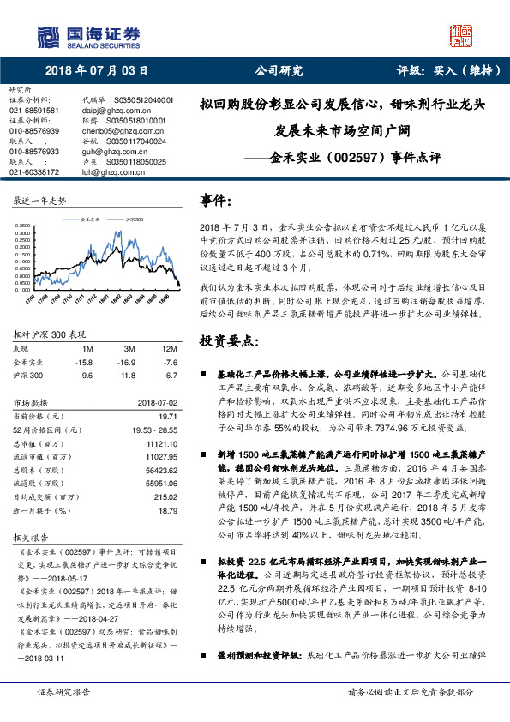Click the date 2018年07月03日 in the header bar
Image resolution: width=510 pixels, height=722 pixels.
pos(96,71)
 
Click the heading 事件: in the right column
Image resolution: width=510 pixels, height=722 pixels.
pos(217,200)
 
